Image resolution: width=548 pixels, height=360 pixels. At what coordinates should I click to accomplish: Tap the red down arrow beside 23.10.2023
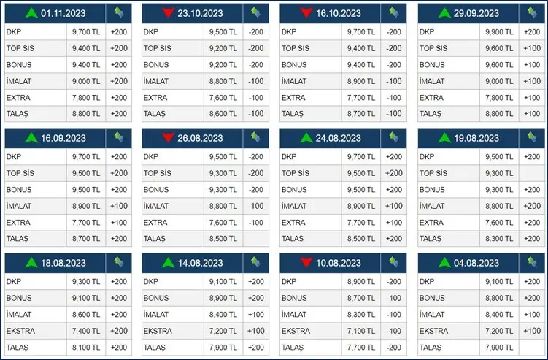click(x=169, y=13)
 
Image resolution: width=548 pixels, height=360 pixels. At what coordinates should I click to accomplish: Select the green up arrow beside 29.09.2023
click(x=444, y=13)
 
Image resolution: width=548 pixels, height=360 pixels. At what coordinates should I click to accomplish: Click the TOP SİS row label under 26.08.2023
click(x=158, y=174)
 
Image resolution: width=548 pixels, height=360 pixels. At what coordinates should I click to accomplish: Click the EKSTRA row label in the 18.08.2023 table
click(x=21, y=331)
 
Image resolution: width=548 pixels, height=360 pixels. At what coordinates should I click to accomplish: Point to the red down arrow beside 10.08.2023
click(x=306, y=263)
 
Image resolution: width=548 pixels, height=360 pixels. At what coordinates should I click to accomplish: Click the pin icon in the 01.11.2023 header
click(x=119, y=12)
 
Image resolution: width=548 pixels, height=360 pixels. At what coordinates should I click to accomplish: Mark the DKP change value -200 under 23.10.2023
click(x=255, y=33)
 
